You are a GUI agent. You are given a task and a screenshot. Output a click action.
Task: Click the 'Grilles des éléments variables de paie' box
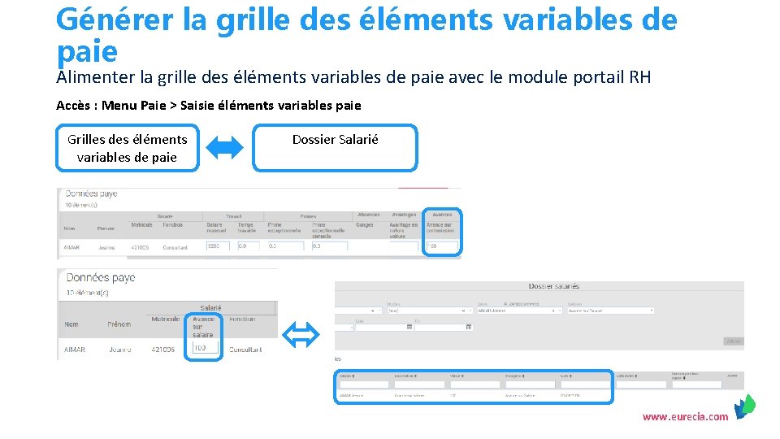coord(127,148)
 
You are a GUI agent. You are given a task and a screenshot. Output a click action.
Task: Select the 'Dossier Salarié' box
coord(335,147)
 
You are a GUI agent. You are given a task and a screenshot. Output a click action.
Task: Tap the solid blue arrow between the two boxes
coord(225,147)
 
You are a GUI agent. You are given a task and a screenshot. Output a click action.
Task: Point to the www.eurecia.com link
coord(685,417)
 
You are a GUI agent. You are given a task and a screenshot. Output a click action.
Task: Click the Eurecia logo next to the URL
coord(744,406)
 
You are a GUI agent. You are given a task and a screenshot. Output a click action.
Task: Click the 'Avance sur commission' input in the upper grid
coord(443,246)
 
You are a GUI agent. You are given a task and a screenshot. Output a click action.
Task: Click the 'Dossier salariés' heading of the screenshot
coord(553,286)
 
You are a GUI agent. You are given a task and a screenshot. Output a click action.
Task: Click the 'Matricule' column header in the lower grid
coord(166,319)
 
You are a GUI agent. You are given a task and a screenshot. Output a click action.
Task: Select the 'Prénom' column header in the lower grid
coord(119,324)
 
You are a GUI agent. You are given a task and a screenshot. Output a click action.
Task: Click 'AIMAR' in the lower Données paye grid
coord(75,350)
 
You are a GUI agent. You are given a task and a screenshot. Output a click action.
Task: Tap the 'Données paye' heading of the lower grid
coord(100,278)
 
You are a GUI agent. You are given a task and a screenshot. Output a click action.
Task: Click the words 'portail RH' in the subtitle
coord(611,77)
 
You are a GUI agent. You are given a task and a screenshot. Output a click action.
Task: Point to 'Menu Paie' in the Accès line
coord(133,105)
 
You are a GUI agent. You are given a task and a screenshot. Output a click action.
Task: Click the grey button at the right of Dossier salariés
coord(733,341)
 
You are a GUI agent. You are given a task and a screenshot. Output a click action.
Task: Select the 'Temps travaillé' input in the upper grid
coord(249,246)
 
